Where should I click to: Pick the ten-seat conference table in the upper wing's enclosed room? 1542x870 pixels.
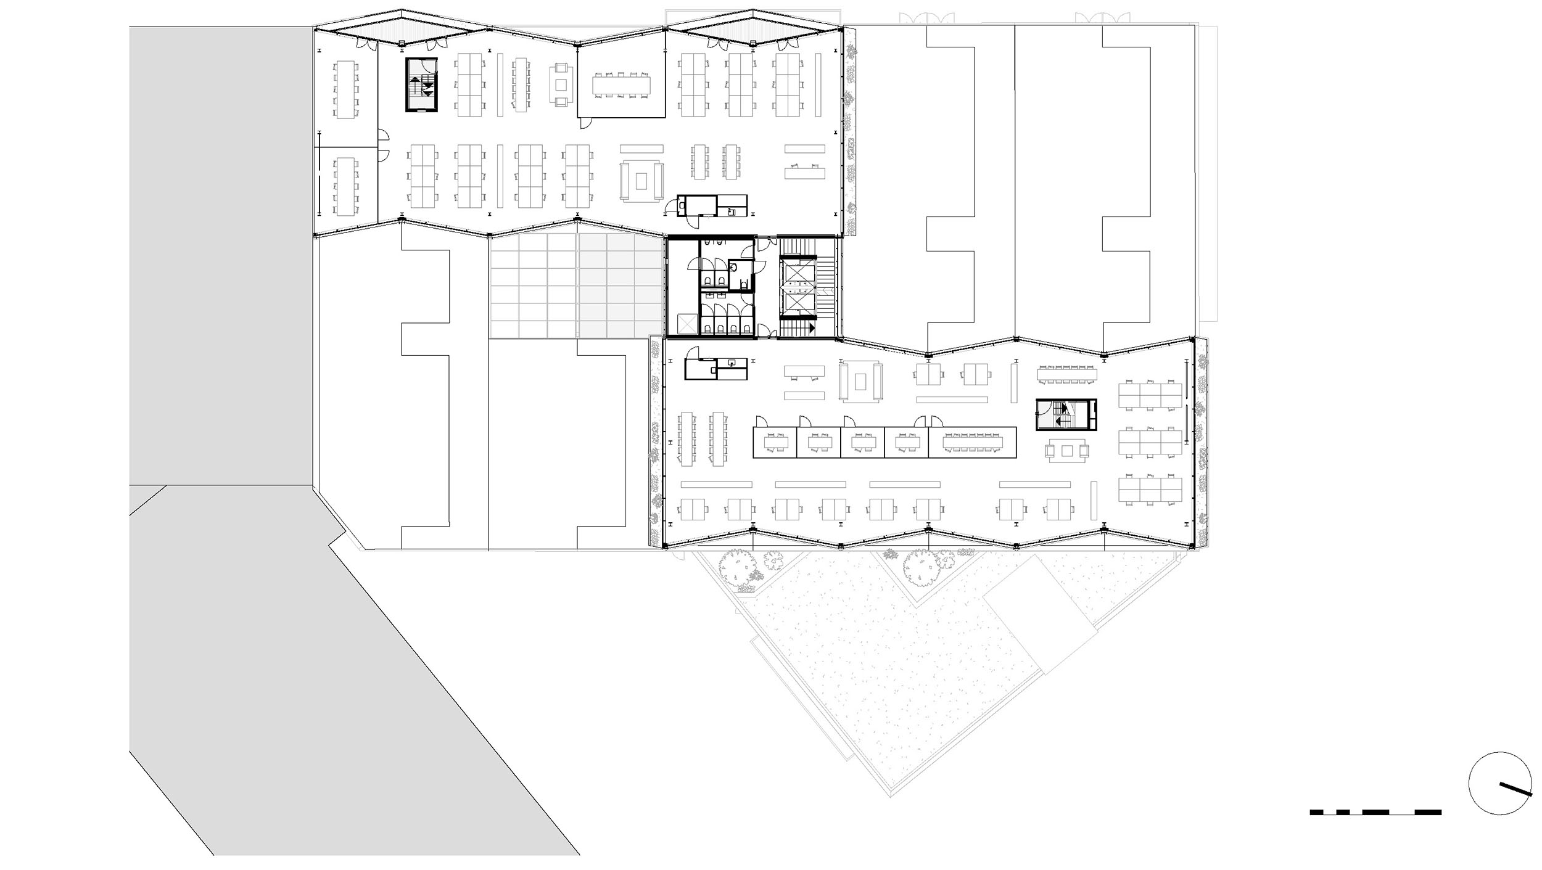622,85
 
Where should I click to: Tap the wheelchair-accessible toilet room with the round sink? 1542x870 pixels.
740,275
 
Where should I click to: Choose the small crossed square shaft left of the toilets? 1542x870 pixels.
686,324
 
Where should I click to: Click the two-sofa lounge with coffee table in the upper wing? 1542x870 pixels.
642,180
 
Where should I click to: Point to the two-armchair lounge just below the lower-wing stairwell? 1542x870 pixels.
1066,451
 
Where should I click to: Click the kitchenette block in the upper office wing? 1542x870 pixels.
712,205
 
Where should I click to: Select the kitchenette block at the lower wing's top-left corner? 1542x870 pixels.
715,368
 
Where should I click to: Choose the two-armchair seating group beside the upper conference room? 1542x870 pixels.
561,84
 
